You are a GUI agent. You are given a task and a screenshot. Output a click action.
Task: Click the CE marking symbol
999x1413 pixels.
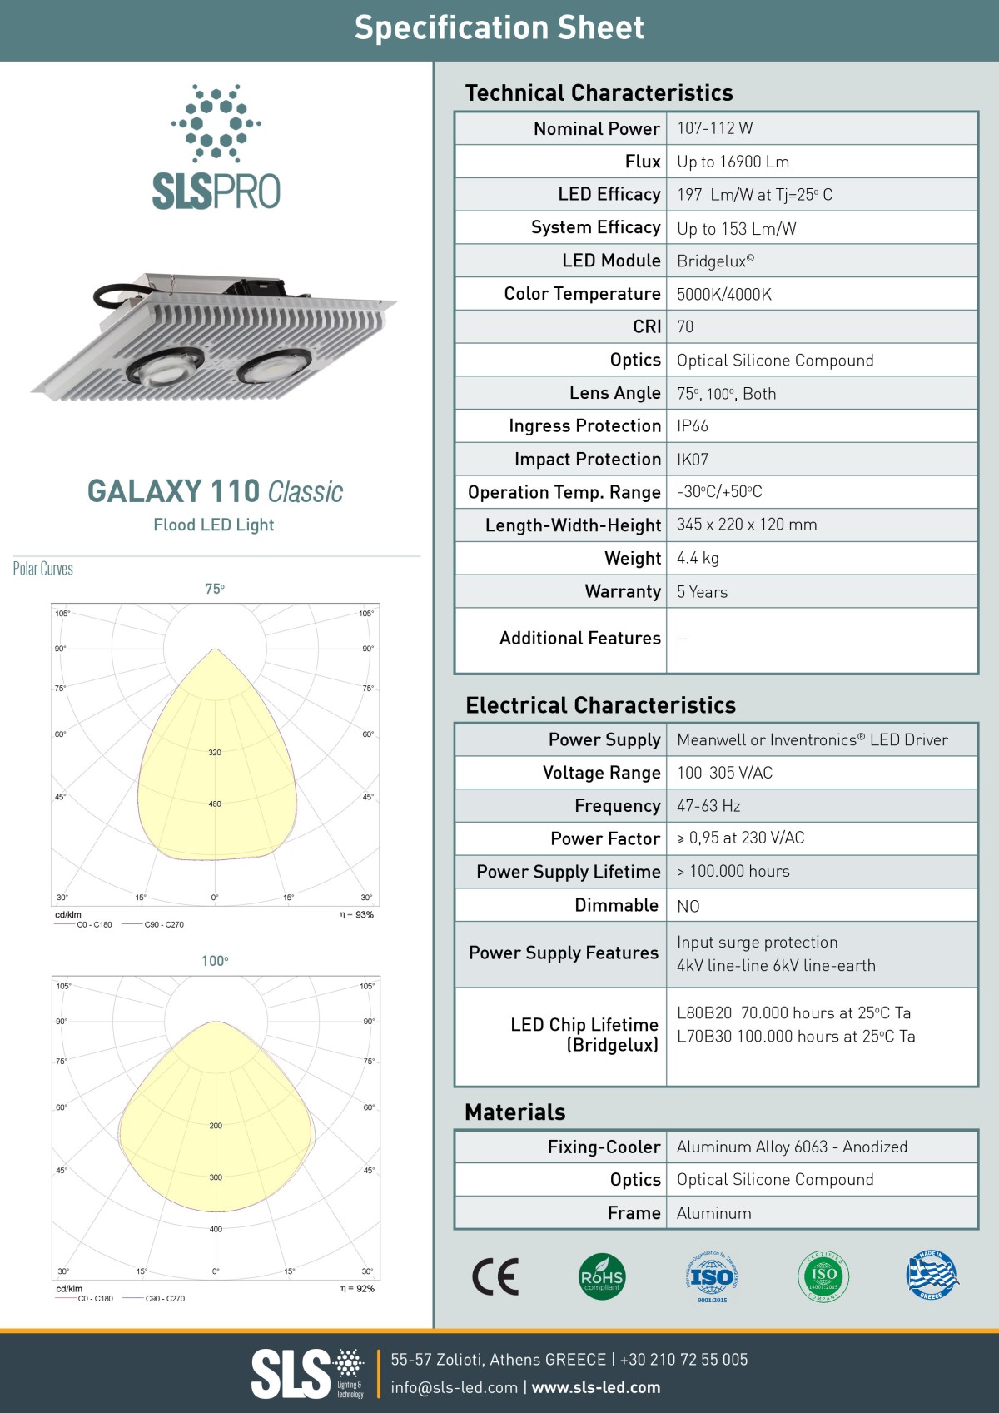pos(495,1277)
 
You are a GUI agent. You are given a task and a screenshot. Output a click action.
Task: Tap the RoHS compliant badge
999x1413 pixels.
pos(601,1276)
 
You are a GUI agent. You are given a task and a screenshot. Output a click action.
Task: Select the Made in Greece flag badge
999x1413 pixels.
pos(932,1275)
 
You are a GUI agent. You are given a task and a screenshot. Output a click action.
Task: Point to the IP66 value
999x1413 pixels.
pos(693,426)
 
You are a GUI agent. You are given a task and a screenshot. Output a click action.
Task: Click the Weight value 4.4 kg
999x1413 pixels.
pos(698,559)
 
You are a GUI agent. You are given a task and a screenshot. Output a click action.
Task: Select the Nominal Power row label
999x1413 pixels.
pos(597,129)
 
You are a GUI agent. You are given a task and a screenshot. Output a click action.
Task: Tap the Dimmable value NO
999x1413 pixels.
pos(688,906)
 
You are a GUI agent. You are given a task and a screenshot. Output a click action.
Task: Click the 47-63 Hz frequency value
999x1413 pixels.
pos(708,806)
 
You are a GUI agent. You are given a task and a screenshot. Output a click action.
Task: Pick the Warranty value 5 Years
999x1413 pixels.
pos(702,592)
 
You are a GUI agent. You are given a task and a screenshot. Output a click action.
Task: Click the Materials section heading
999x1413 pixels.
pos(515,1112)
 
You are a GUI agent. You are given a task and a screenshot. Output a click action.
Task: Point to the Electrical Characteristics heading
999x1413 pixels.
pos(600,705)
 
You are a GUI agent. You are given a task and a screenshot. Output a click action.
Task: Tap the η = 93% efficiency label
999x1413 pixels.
pos(356,914)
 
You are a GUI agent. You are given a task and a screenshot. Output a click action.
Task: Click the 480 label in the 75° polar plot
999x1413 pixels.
pos(215,804)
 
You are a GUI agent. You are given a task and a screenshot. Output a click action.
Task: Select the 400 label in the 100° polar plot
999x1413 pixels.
pos(216,1229)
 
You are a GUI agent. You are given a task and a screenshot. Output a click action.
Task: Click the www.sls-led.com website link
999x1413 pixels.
pos(596,1387)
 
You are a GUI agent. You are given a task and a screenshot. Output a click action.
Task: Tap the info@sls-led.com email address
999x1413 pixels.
pos(454,1387)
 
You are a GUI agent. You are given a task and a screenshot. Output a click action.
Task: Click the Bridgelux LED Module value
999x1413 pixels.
pos(715,261)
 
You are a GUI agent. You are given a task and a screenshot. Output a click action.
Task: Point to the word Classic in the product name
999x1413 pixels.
pos(306,492)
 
